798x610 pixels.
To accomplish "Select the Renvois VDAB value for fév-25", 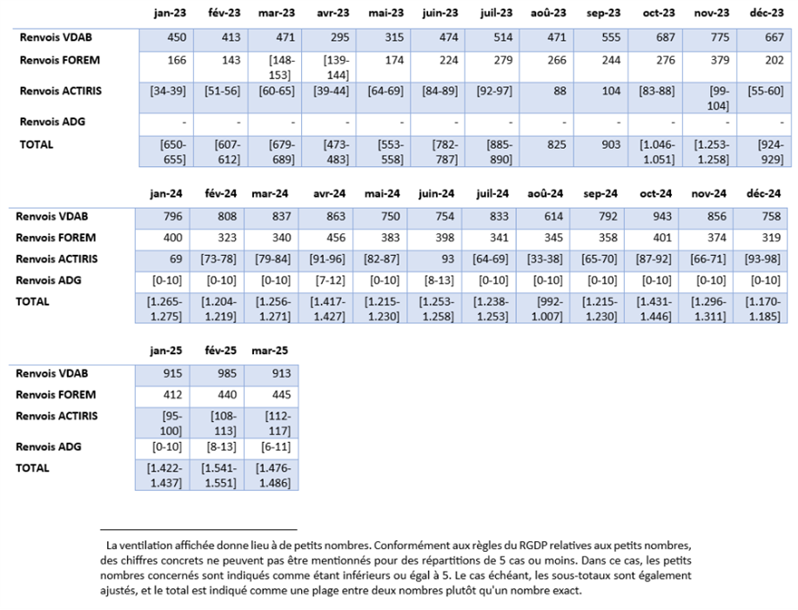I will tap(218, 372).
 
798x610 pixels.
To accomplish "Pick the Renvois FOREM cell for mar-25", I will tap(272, 394).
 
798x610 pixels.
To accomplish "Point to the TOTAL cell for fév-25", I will tap(218, 474).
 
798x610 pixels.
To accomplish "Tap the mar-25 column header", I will tap(272, 350).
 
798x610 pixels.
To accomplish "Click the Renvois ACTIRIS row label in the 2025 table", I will tap(57, 416).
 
